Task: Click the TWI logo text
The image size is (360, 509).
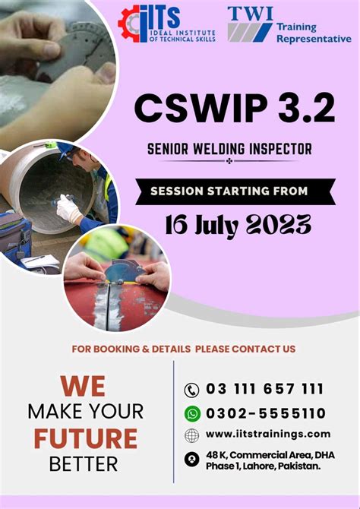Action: click(x=250, y=13)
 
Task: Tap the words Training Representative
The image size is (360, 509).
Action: click(x=313, y=33)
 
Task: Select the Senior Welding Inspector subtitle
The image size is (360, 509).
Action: click(x=229, y=148)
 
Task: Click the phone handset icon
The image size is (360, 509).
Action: click(x=191, y=390)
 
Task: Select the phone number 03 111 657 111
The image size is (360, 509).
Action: click(x=264, y=389)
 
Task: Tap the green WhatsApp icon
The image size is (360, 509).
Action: click(x=191, y=413)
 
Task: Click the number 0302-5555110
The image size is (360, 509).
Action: click(x=266, y=413)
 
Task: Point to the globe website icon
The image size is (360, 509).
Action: click(x=191, y=435)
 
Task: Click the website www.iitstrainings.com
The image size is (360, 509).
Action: click(x=267, y=434)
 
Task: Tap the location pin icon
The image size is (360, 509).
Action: click(x=191, y=460)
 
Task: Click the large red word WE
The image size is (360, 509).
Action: click(x=83, y=386)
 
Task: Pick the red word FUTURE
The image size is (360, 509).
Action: click(x=84, y=438)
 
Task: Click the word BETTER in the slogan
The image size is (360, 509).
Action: click(x=84, y=463)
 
